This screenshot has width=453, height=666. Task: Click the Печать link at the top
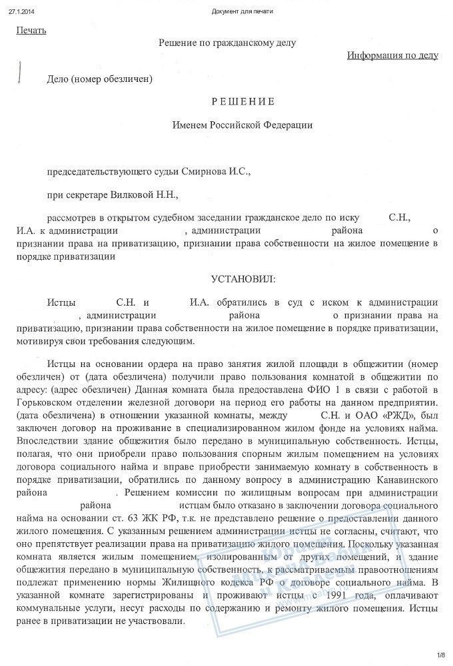click(x=31, y=30)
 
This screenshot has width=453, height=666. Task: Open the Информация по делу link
click(x=392, y=55)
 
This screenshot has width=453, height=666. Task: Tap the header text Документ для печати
click(x=242, y=11)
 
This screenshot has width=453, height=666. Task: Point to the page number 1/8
click(x=440, y=655)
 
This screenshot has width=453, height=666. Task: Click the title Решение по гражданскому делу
click(x=227, y=43)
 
